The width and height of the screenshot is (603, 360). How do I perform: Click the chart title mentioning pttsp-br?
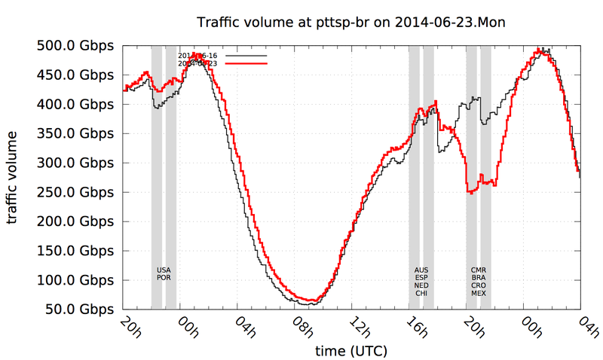[x=350, y=23]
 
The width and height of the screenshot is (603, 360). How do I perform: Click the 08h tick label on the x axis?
[x=299, y=329]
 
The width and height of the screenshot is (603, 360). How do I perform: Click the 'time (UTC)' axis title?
[x=350, y=351]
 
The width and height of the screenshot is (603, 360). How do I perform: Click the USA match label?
[x=164, y=270]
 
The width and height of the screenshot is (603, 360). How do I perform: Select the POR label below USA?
[x=164, y=278]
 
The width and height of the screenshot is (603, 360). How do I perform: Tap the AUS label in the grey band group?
[x=421, y=270]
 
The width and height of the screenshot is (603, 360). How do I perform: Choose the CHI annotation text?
[x=421, y=294]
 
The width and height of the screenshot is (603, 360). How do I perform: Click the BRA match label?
[x=479, y=278]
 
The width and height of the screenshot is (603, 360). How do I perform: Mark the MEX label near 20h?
[x=479, y=294]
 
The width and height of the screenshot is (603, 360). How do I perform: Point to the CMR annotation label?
[x=479, y=270]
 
